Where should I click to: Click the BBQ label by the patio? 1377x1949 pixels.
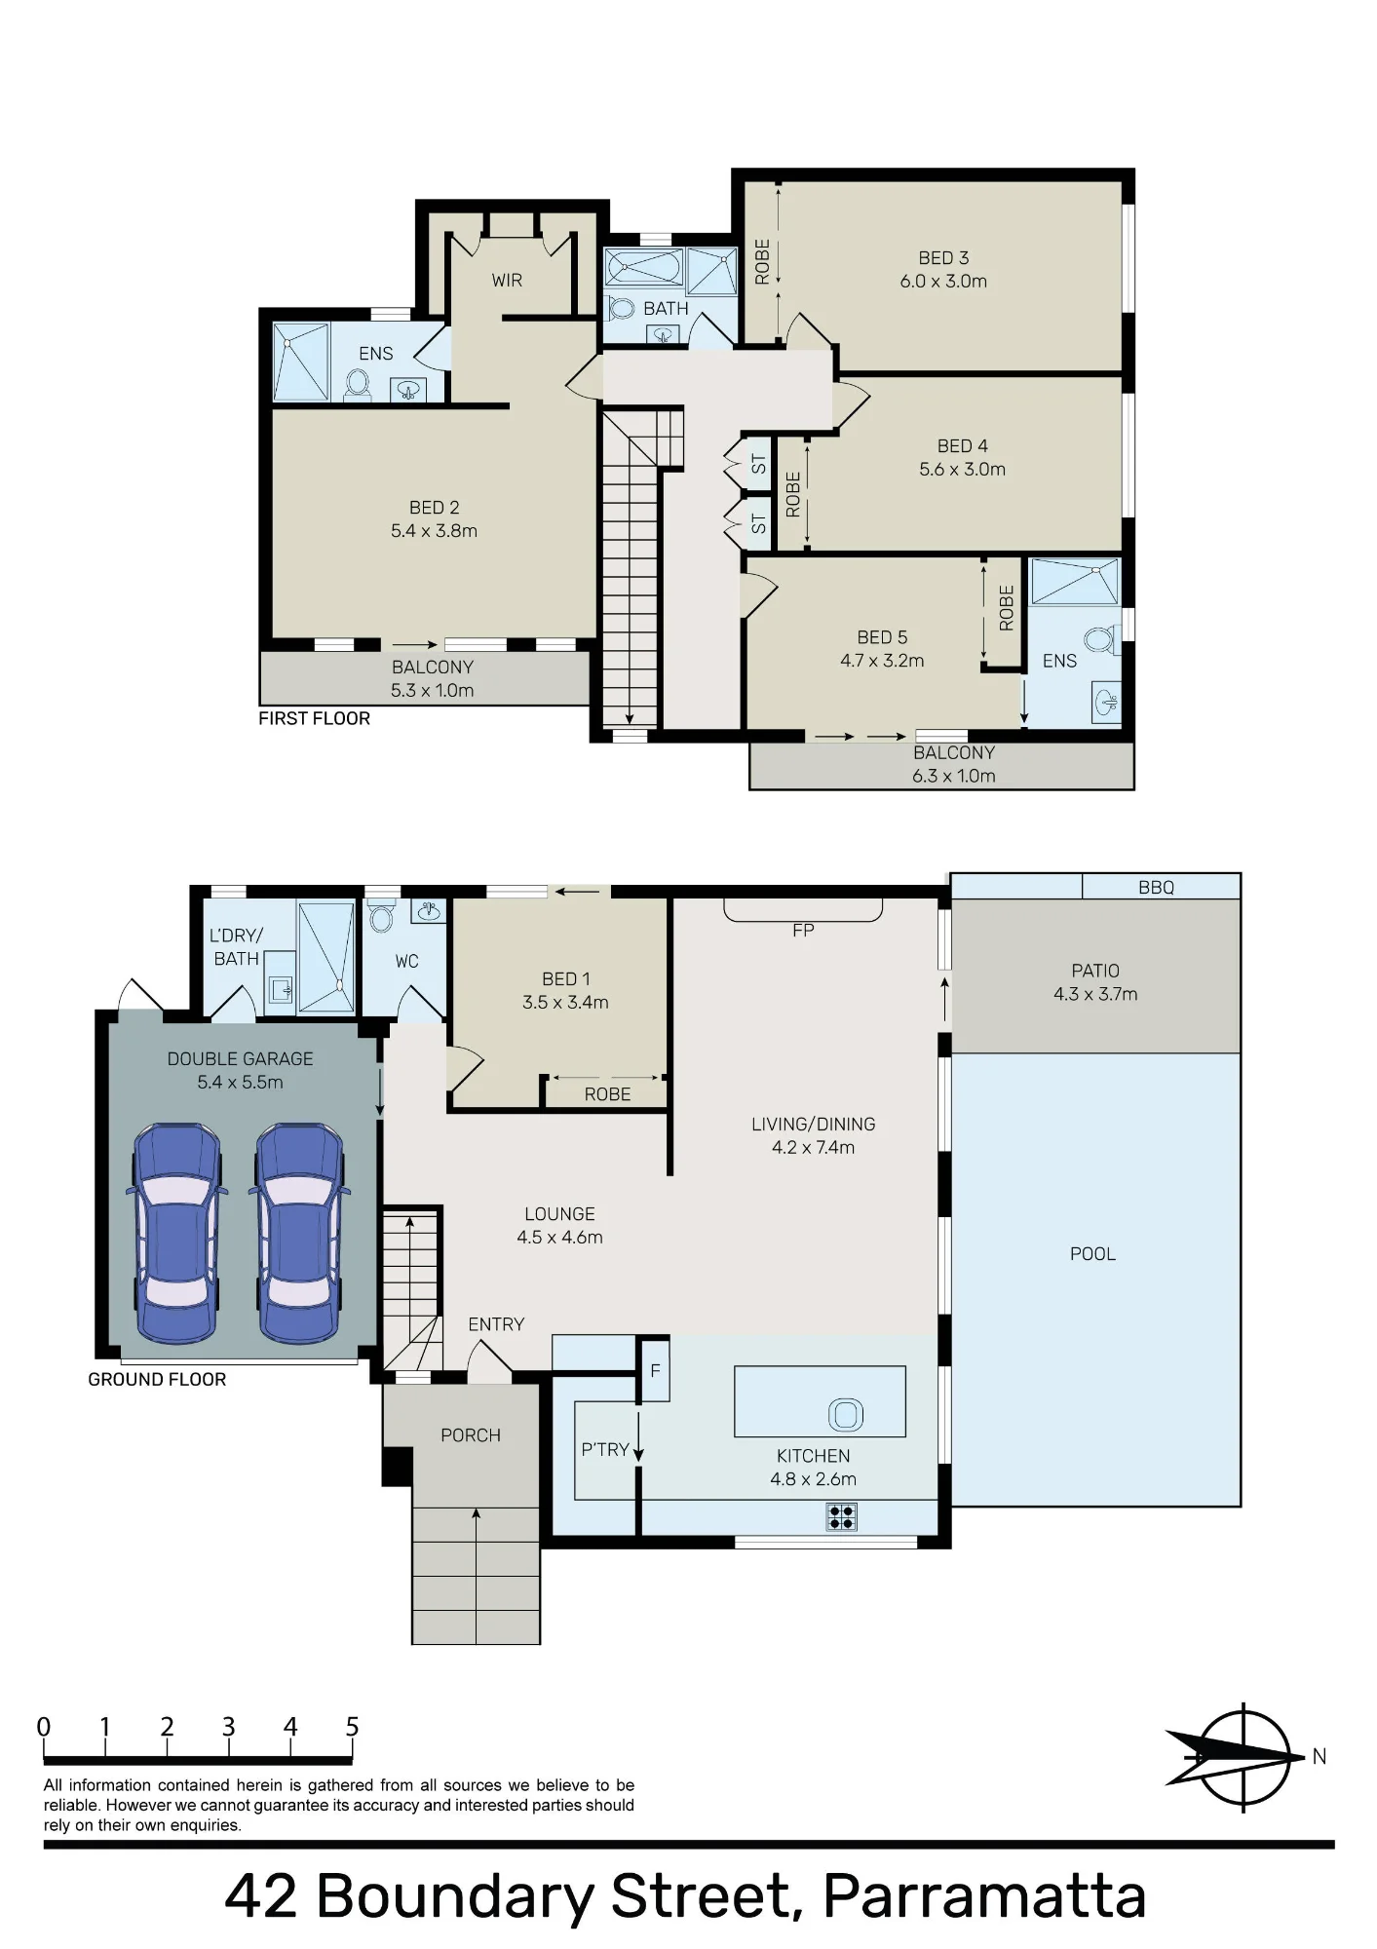click(x=1156, y=888)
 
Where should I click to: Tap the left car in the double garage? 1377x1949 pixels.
click(x=176, y=1233)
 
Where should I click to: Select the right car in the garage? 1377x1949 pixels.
click(x=299, y=1233)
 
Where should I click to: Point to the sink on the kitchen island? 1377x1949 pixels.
click(x=845, y=1414)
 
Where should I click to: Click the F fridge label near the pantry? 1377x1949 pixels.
click(x=656, y=1371)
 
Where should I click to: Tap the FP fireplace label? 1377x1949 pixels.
click(x=803, y=931)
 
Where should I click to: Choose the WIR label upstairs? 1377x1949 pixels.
click(x=507, y=281)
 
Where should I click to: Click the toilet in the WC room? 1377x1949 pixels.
click(x=381, y=917)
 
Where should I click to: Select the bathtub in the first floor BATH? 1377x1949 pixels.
click(x=643, y=266)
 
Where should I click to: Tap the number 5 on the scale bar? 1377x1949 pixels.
click(x=352, y=1727)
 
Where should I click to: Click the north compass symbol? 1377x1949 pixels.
click(x=1244, y=1757)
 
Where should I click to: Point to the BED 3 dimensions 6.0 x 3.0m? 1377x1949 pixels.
click(x=943, y=282)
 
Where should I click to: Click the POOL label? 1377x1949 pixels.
click(x=1092, y=1254)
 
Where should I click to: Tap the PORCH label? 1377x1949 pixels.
click(x=471, y=1435)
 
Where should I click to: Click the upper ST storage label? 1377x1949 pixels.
click(x=759, y=465)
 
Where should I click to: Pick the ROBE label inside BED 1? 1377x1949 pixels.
click(x=607, y=1094)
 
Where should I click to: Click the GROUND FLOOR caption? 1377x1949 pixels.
click(x=157, y=1379)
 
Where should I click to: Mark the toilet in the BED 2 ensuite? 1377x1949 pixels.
click(x=357, y=385)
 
